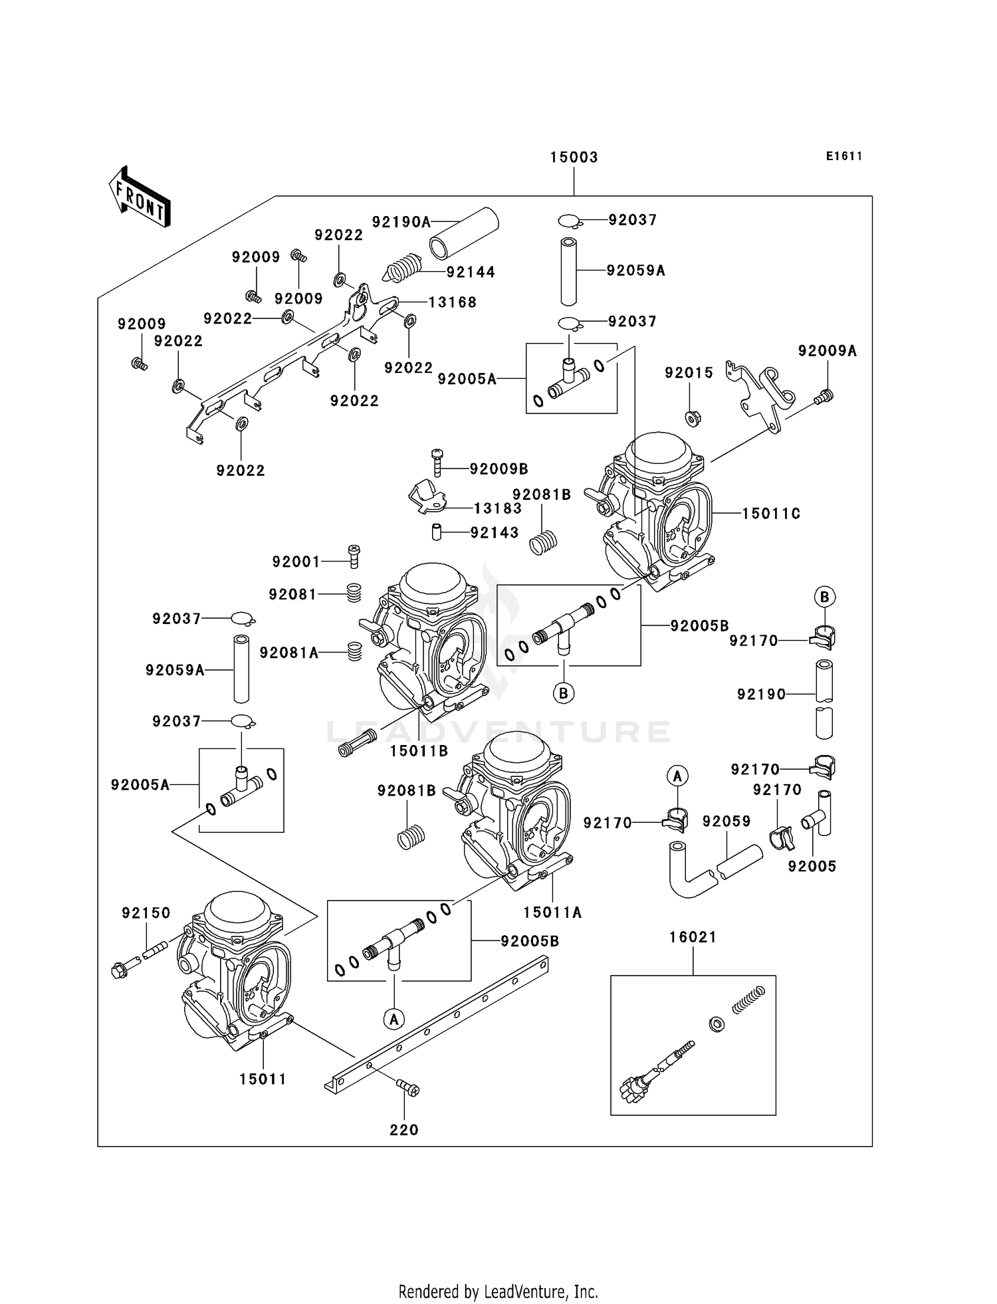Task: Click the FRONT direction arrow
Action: pyautogui.click(x=140, y=197)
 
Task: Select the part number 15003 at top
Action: pyautogui.click(x=574, y=158)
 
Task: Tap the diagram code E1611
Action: pyautogui.click(x=844, y=156)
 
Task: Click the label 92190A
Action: pyautogui.click(x=401, y=222)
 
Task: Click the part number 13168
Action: pyautogui.click(x=452, y=302)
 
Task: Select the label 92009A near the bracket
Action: pyautogui.click(x=827, y=351)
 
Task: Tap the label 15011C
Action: pyautogui.click(x=771, y=513)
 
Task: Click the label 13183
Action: pyautogui.click(x=497, y=508)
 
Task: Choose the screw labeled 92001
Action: pyautogui.click(x=354, y=556)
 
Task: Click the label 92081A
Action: pyautogui.click(x=289, y=653)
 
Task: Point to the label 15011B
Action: pyautogui.click(x=419, y=751)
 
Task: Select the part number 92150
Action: pyautogui.click(x=146, y=913)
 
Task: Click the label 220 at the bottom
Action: pyautogui.click(x=404, y=1130)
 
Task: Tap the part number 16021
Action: pyautogui.click(x=693, y=937)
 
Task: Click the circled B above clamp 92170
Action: pyautogui.click(x=824, y=597)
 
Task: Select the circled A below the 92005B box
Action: pyautogui.click(x=394, y=1019)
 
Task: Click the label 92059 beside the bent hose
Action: pyautogui.click(x=726, y=821)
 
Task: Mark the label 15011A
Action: pyautogui.click(x=552, y=913)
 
